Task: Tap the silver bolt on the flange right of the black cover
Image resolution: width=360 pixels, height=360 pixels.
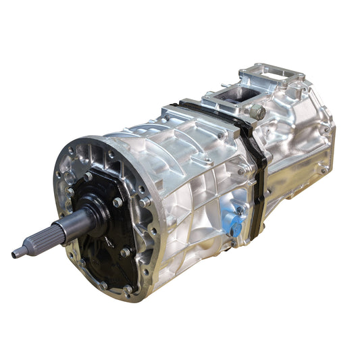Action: pyautogui.click(x=146, y=201)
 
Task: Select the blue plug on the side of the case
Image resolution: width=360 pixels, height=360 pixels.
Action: pyautogui.click(x=236, y=228)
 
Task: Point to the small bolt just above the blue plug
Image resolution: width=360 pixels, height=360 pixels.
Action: pyautogui.click(x=238, y=210)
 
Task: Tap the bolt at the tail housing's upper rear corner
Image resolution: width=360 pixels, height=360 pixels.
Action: pyautogui.click(x=326, y=129)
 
